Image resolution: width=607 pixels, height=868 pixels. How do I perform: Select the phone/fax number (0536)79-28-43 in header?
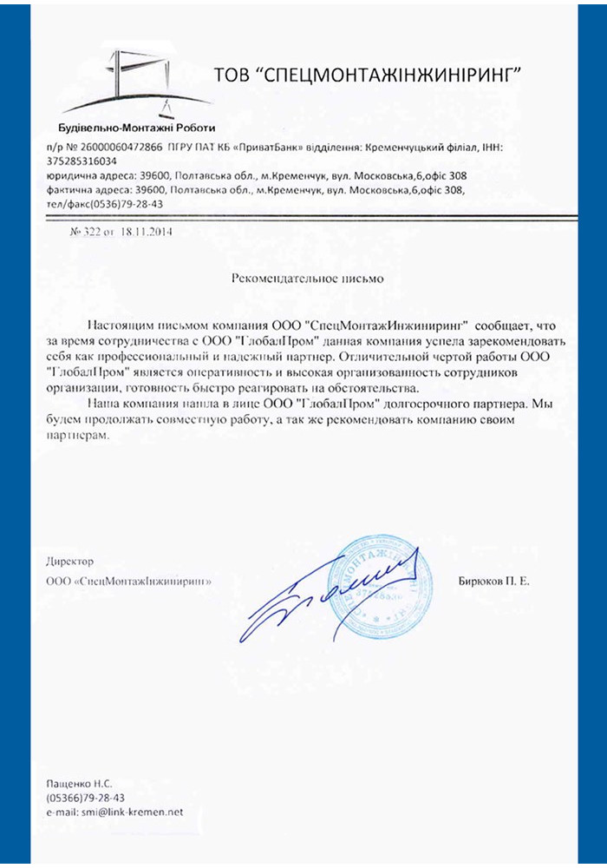tap(120, 203)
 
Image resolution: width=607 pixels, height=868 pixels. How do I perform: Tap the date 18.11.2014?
tap(148, 233)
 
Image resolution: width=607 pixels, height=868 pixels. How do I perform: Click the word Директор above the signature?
tap(70, 561)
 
